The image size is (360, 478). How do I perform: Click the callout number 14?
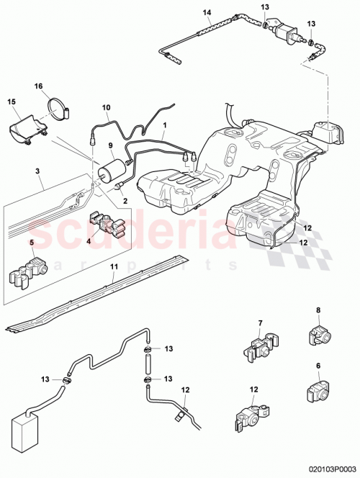207,12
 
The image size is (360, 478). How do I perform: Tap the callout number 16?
38,86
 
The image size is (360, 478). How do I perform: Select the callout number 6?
318,365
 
